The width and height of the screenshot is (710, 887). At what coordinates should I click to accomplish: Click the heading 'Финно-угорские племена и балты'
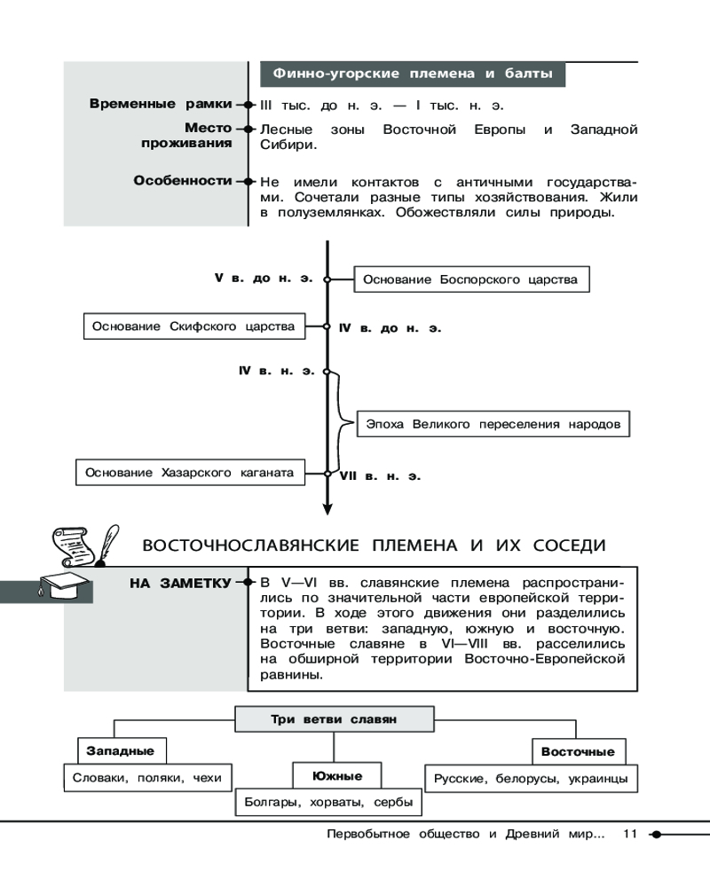pyautogui.click(x=413, y=74)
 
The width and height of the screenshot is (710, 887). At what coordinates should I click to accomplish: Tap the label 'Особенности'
pyautogui.click(x=182, y=180)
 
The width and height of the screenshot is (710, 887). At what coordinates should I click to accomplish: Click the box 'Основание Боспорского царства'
pyautogui.click(x=471, y=279)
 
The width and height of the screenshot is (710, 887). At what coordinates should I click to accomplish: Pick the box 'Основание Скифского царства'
pyautogui.click(x=193, y=326)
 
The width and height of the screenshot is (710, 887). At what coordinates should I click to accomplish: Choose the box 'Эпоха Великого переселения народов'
pyautogui.click(x=493, y=424)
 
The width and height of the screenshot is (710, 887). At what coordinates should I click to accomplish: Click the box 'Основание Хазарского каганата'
pyautogui.click(x=189, y=473)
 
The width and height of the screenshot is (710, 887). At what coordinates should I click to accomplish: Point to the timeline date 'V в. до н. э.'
pyautogui.click(x=264, y=278)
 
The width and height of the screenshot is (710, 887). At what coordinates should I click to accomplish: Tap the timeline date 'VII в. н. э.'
pyautogui.click(x=380, y=476)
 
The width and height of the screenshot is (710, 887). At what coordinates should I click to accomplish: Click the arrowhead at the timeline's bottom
pyautogui.click(x=327, y=508)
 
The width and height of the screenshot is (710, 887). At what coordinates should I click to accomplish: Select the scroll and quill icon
pyautogui.click(x=83, y=544)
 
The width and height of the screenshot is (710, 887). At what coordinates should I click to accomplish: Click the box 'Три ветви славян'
pyautogui.click(x=333, y=719)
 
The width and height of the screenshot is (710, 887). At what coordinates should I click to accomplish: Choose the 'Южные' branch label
pyautogui.click(x=336, y=776)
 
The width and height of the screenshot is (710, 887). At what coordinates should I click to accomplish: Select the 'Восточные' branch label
pyautogui.click(x=578, y=751)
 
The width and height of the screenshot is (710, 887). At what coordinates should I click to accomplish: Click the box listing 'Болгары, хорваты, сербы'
pyautogui.click(x=328, y=803)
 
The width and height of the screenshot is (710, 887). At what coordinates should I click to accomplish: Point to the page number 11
pyautogui.click(x=631, y=834)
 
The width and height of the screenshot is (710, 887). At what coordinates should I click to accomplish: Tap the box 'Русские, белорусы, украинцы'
pyautogui.click(x=531, y=779)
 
